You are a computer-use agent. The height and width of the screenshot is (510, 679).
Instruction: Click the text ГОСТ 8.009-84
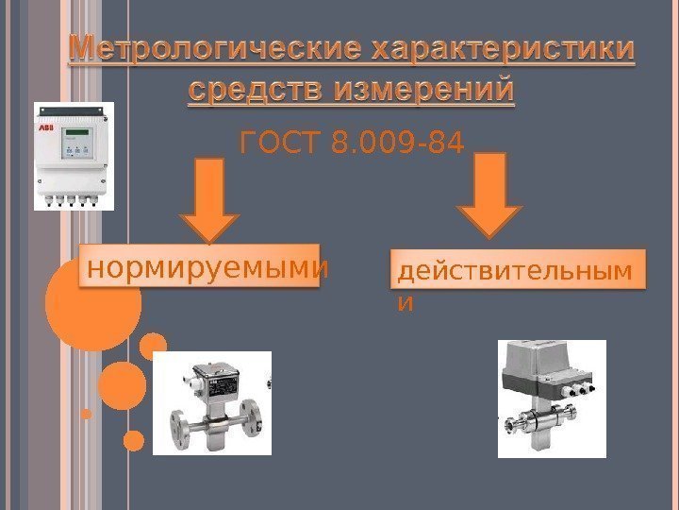353,145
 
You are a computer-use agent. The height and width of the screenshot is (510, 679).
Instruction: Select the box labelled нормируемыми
207,269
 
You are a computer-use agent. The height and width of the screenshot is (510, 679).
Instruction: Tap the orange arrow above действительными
491,196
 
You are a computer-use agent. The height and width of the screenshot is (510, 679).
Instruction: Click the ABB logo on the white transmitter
45,126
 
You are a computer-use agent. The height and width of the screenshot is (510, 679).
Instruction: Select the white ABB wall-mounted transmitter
74,156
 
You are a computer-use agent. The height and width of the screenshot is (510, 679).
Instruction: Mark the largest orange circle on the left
92,302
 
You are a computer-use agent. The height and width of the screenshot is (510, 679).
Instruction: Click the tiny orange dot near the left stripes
87,413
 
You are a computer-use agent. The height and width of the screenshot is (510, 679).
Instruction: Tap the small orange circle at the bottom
133,440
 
